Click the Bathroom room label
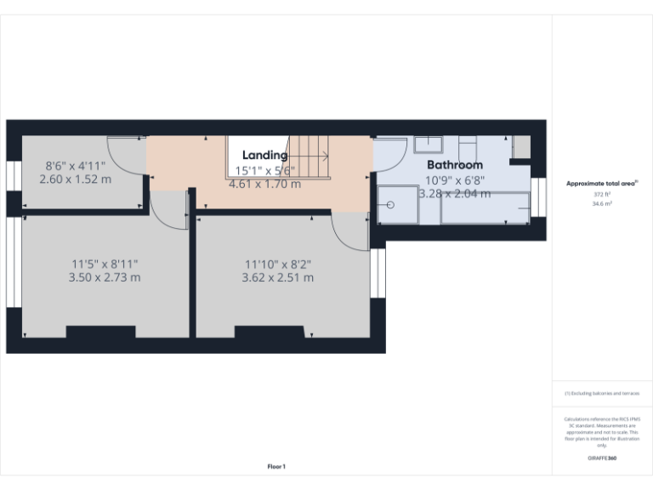click(x=454, y=165)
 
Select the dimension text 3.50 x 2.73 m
click(x=105, y=277)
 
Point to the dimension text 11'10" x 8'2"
click(x=277, y=264)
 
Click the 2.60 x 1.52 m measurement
click(x=76, y=179)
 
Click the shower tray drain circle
click(x=390, y=205)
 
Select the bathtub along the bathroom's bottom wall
click(x=485, y=208)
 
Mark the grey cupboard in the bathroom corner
click(x=521, y=146)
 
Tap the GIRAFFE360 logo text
click(x=602, y=459)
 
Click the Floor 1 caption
click(x=276, y=466)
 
